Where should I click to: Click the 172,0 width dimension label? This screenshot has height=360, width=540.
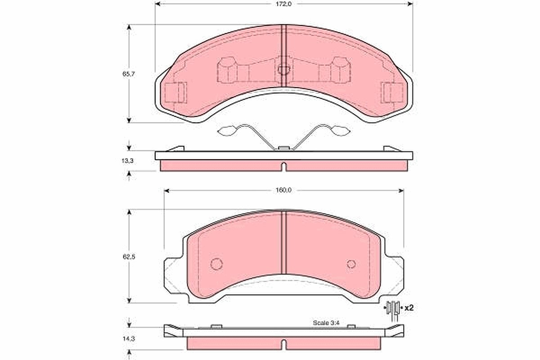(284, 4)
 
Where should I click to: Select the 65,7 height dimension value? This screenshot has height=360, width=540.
(129, 74)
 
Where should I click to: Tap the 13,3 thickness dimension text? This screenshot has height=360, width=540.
(127, 161)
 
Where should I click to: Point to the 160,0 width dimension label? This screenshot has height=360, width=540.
(283, 190)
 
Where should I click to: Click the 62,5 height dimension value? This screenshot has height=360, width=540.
(129, 257)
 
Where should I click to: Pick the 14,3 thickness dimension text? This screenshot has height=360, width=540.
(129, 339)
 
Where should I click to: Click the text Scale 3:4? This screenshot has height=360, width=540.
(326, 323)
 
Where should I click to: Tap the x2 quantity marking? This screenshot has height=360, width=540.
(409, 308)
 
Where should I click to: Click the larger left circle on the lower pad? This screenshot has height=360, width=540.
(216, 264)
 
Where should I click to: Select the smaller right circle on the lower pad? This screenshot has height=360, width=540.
(351, 264)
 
